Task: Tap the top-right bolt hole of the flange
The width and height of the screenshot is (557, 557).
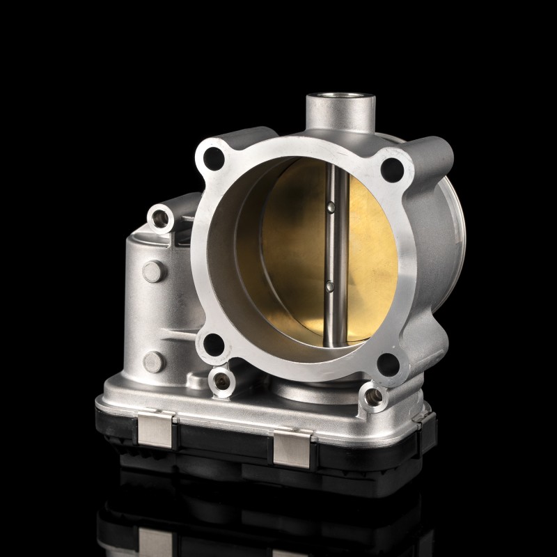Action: click(393, 169)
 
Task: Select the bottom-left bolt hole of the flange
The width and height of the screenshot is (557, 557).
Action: click(214, 344)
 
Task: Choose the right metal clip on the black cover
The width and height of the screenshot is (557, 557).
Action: click(292, 447)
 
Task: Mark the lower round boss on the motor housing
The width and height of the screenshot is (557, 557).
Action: click(153, 361)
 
